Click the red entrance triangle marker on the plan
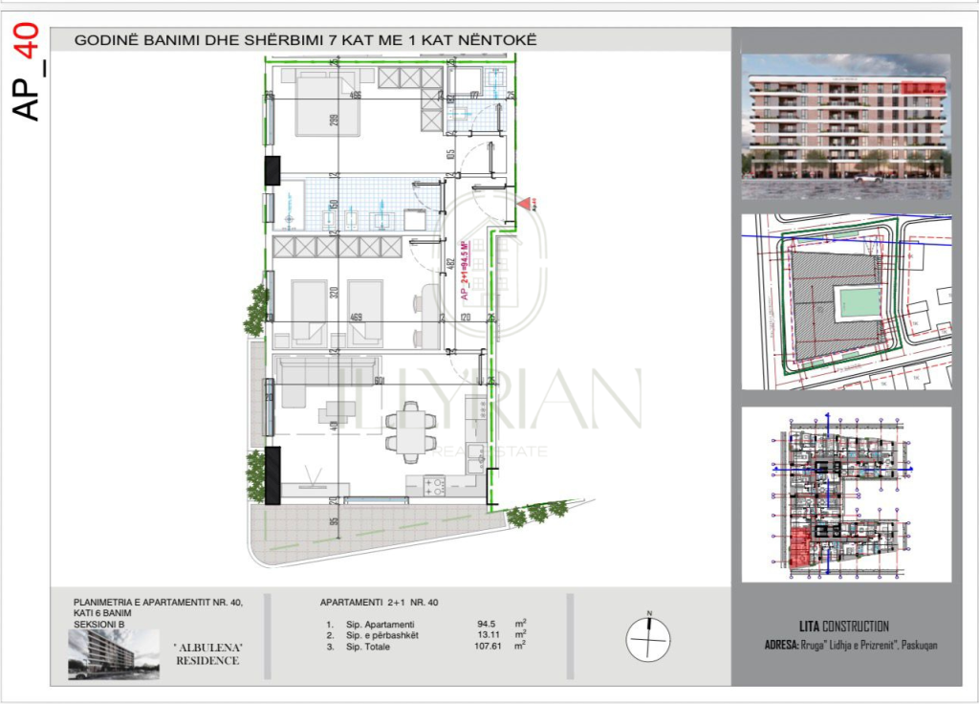523,203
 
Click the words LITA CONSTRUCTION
827,627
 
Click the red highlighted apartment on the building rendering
924,89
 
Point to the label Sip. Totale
368,647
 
